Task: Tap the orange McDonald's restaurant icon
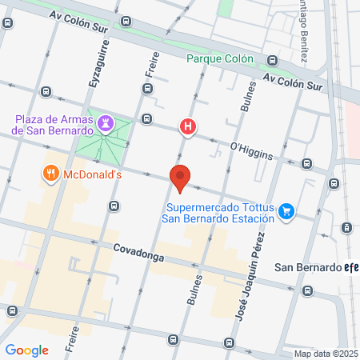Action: [50, 172]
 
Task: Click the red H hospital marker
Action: [188, 126]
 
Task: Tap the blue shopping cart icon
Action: [288, 211]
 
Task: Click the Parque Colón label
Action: [219, 58]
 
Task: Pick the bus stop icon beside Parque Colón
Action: [272, 59]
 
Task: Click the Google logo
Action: [26, 350]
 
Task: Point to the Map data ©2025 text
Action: [326, 354]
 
